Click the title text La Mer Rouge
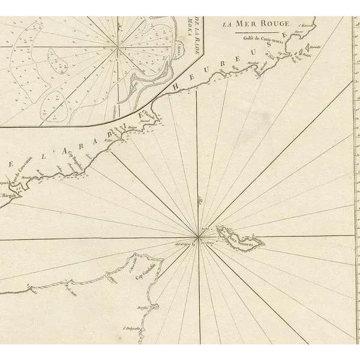(256, 24)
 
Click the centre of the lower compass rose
(198, 236)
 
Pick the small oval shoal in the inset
(58, 61)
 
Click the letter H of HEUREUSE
(177, 88)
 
